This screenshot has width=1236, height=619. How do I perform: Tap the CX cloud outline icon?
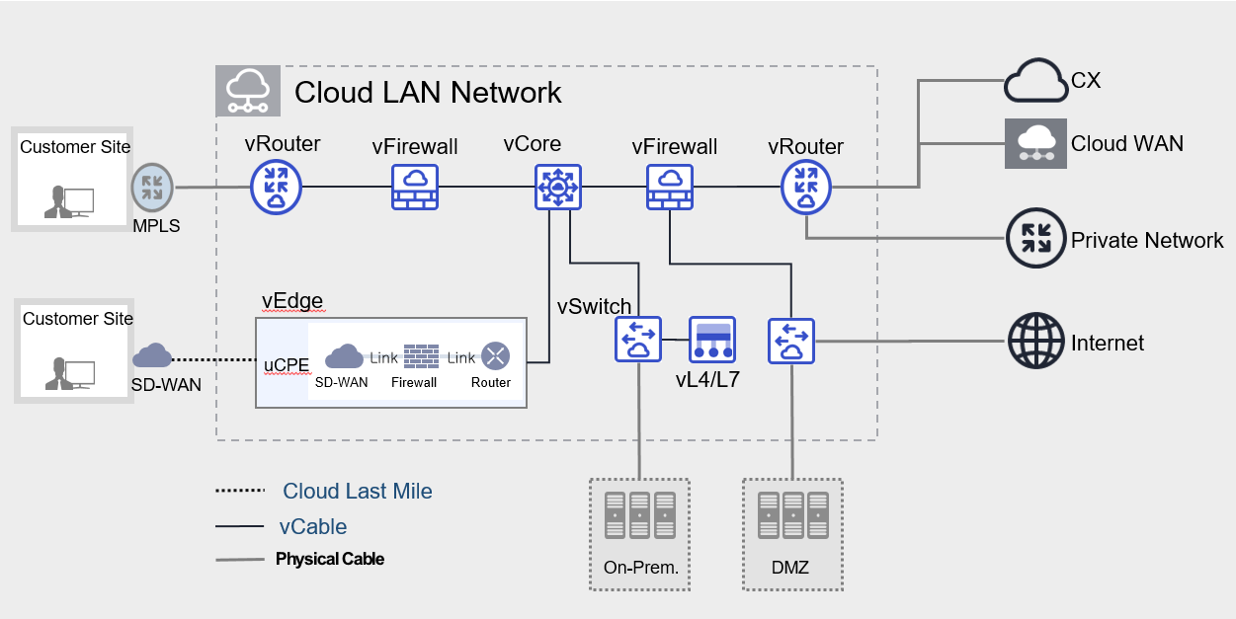point(1036,81)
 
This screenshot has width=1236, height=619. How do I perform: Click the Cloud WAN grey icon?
point(1035,143)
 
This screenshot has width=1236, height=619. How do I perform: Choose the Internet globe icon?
point(1035,342)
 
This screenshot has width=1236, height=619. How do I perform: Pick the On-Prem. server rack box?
point(639,534)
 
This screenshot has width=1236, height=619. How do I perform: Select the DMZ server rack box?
point(792,534)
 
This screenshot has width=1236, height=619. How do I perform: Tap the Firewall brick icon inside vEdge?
point(422,355)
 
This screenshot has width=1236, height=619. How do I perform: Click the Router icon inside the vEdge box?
point(495,356)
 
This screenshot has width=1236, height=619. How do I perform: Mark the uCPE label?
point(286,363)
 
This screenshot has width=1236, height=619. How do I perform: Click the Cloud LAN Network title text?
point(428,93)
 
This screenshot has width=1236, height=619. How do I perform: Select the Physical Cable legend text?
point(330,559)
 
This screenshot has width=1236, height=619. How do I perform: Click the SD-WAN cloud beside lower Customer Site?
point(152,355)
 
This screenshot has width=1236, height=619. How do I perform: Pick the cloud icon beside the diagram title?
point(247,91)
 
